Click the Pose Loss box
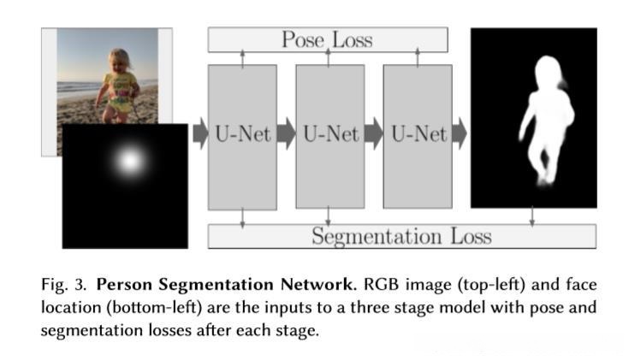(327, 39)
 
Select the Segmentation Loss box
(401, 236)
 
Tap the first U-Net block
(242, 135)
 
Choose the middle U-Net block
(329, 135)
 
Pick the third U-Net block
(417, 135)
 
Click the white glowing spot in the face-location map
(129, 159)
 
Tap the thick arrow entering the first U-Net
(199, 135)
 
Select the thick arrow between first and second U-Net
(286, 135)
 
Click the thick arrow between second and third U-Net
(373, 135)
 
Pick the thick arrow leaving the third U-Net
(460, 135)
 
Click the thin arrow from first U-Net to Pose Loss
(242, 58)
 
